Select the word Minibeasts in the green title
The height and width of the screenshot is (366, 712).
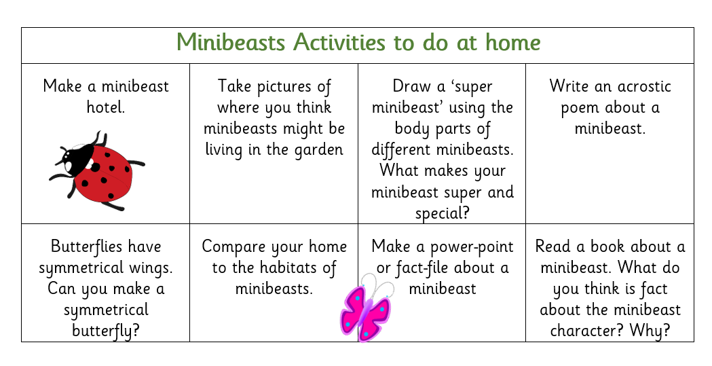231,42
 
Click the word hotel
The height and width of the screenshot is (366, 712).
106,107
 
